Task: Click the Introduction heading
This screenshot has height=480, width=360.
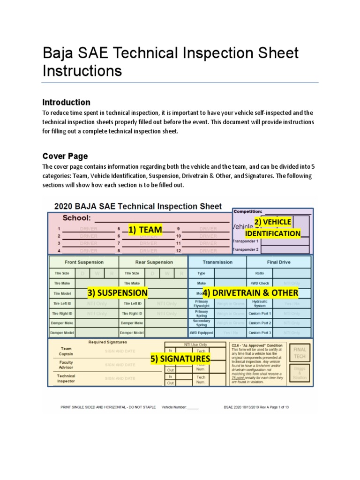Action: [x=66, y=102]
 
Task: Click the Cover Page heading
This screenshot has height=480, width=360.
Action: [x=65, y=156]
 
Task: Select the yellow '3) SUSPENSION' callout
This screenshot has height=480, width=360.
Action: [x=117, y=293]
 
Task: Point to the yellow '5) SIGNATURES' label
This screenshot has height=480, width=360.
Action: [x=180, y=359]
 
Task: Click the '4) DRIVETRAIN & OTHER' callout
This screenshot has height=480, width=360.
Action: [x=250, y=293]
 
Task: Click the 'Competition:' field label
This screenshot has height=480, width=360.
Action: [x=248, y=211]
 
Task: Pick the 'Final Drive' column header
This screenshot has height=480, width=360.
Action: [x=278, y=262]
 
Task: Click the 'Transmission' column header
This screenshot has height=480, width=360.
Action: [x=217, y=262]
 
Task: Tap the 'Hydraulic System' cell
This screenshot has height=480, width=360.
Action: [x=260, y=303]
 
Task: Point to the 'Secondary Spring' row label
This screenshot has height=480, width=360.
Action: [x=201, y=323]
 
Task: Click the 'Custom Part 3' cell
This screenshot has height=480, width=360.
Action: [x=260, y=333]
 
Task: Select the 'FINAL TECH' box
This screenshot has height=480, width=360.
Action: [x=300, y=353]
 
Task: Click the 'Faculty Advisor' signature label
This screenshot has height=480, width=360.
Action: [x=66, y=365]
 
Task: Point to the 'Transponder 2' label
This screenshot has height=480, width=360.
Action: [x=246, y=250]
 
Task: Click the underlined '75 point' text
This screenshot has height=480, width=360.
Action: [x=242, y=377]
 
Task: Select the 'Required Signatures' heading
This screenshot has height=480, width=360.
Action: [x=108, y=342]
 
